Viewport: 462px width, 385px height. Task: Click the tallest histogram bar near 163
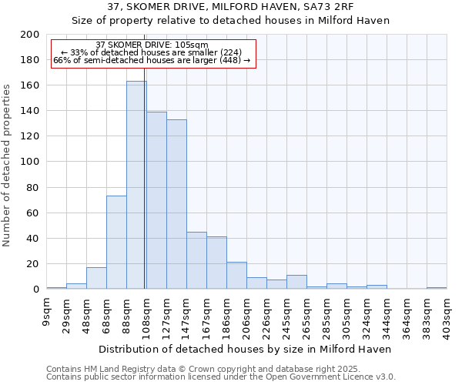136,185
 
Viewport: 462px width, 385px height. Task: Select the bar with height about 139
156,200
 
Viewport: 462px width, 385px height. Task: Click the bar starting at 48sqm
96,278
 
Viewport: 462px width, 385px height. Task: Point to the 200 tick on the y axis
30,35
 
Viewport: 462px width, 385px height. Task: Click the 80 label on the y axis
33,188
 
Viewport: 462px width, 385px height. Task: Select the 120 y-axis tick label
30,136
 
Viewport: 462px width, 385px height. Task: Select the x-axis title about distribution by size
246,349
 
